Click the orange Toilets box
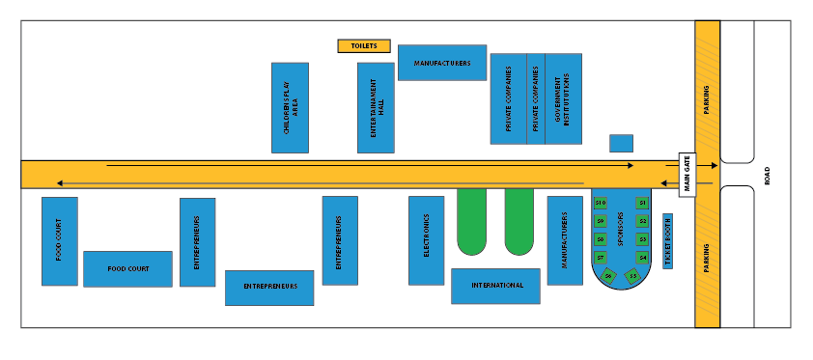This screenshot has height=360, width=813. point(364,45)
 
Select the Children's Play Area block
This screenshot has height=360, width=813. point(290,108)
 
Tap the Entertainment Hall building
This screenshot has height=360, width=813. point(376,107)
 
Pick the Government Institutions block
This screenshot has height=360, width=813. point(564,98)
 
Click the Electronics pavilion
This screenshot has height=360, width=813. point(426,240)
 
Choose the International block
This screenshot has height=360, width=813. point(495,286)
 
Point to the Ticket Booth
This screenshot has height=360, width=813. point(667,240)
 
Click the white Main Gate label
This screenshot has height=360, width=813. point(687,175)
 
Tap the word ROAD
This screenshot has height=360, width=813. point(768,176)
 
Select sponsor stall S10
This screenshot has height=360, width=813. point(600,203)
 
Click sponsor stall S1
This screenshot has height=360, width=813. point(642,203)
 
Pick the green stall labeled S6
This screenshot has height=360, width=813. point(608,276)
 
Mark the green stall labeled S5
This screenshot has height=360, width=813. point(633,276)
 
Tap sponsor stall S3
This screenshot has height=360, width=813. point(642,239)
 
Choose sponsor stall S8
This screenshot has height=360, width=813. point(600,239)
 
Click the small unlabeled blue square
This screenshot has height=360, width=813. point(621,143)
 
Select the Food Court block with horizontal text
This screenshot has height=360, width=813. point(127,269)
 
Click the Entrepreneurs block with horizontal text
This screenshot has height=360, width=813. point(269,288)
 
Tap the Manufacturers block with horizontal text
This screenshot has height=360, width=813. point(442,63)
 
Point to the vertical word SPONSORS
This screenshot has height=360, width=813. point(621,232)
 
